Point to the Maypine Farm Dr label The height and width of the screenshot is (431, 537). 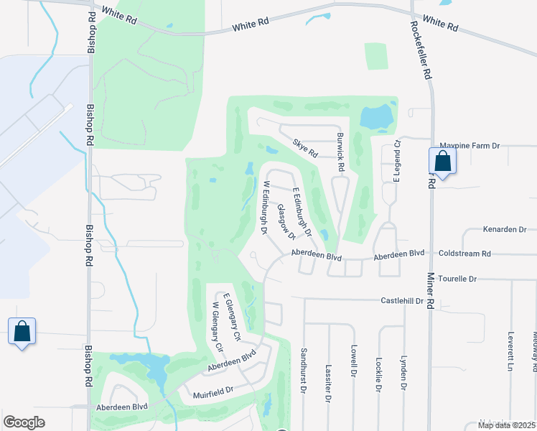click(x=469, y=146)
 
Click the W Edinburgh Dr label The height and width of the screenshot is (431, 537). click(x=265, y=208)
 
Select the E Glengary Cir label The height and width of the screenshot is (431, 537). click(x=230, y=317)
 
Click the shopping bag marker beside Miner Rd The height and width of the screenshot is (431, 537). click(x=442, y=162)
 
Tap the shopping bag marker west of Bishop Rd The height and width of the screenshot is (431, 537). click(x=22, y=332)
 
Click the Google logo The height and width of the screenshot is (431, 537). click(x=24, y=422)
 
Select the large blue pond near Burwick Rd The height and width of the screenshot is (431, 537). click(x=377, y=115)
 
